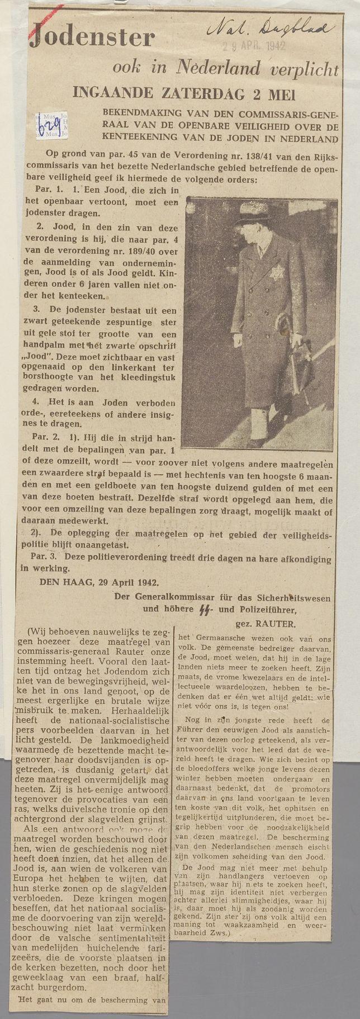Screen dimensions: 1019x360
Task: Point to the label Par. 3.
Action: [x=45, y=558]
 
